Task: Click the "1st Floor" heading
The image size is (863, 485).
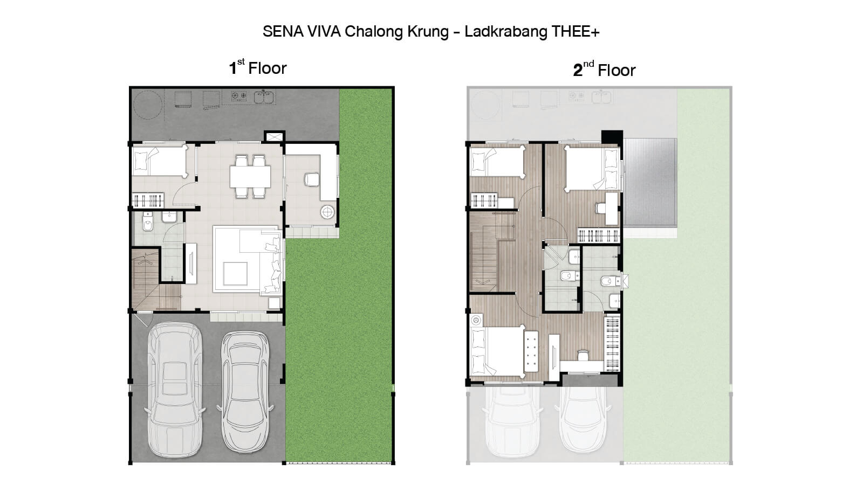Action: pos(258,67)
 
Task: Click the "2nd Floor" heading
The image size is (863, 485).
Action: pos(604,70)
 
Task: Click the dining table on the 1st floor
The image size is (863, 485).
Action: pos(250,176)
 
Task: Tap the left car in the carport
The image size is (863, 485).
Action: pos(175,390)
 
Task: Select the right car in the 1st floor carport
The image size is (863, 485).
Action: pos(245,391)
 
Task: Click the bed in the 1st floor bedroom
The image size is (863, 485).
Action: pos(160,162)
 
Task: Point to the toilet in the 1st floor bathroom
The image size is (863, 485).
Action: pos(148,221)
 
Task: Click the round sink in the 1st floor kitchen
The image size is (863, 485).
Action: pos(327,212)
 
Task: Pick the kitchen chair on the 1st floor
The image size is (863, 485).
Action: pos(312,179)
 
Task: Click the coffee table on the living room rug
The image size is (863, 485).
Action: pos(235,273)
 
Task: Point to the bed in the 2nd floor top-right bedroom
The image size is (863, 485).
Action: pos(592,169)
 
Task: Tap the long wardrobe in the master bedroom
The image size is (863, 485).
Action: pos(612,343)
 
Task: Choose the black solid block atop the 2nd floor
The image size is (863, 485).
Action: pos(612,137)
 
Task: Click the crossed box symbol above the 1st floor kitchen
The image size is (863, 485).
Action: pos(275,137)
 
